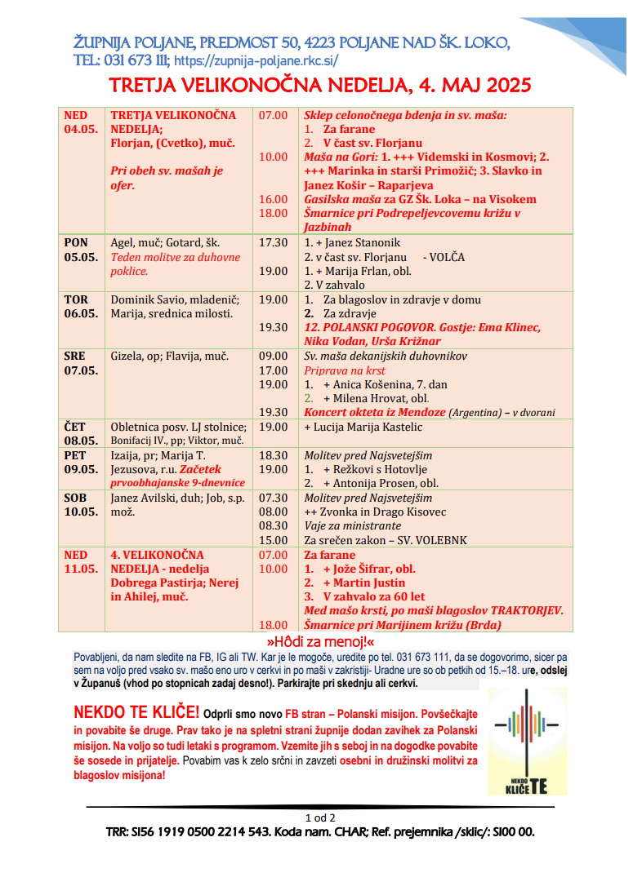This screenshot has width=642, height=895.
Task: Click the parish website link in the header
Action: (256, 60)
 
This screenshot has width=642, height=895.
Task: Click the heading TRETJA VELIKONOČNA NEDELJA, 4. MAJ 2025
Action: (321, 86)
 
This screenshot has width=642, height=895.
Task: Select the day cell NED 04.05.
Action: (81, 122)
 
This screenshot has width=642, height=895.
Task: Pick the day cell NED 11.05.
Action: (81, 561)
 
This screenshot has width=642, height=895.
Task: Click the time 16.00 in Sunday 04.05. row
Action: (273, 199)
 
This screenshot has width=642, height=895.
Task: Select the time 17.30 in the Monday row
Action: (273, 242)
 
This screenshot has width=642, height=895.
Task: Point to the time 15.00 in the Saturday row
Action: (273, 539)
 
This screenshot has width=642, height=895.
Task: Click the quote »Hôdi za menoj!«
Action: (320, 642)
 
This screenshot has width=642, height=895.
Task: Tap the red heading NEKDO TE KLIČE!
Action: (136, 710)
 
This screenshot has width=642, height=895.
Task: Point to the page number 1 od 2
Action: (320, 817)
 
